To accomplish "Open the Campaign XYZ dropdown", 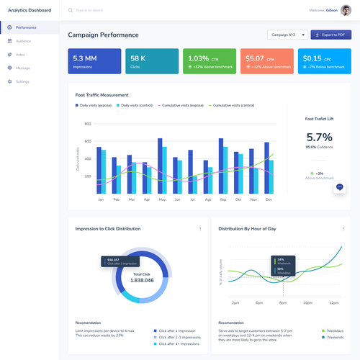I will point(287,35).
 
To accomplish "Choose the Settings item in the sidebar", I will point(22,81).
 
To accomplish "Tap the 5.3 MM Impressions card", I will point(94,62).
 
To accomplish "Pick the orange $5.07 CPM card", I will point(268,62).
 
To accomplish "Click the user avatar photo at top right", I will point(346,11).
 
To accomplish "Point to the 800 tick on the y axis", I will point(88,124).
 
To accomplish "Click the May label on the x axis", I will point(162,199).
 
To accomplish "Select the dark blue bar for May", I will point(160,166).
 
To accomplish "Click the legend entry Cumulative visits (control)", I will point(232,105).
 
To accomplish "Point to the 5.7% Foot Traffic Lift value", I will point(319,137).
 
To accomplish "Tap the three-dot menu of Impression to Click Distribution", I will point(200,228).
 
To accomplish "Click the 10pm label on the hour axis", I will point(307,303).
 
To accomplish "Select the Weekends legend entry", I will point(333,337).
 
